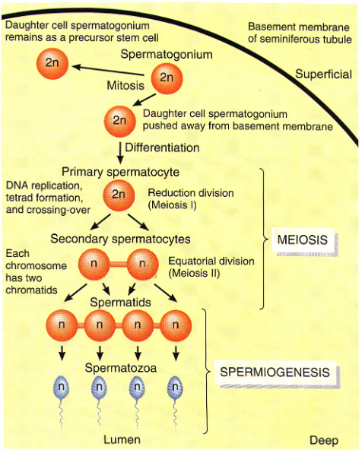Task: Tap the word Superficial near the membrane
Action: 324,74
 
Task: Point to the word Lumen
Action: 116,439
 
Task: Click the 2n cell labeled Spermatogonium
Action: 167,78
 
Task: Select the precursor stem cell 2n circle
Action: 52,65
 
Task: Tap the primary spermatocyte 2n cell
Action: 118,195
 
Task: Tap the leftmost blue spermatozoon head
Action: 62,387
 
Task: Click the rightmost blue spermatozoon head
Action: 176,387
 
